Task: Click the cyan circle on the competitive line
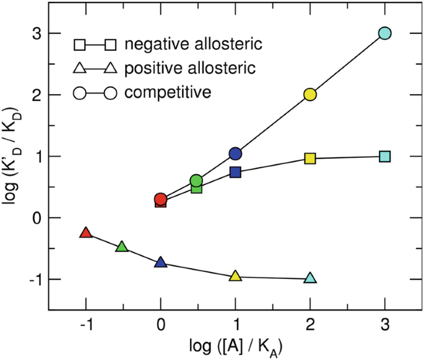click(384, 33)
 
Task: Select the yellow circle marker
click(310, 95)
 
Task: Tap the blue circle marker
click(235, 153)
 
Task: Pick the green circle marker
click(196, 181)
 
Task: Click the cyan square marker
click(384, 156)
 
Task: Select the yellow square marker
click(310, 159)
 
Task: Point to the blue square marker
click(235, 172)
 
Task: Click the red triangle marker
click(86, 233)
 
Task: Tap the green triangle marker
click(122, 247)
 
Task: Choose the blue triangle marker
click(161, 263)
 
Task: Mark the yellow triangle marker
click(235, 276)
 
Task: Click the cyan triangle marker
click(310, 278)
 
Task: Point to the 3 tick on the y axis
click(37, 33)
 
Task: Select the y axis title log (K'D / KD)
click(14, 155)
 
